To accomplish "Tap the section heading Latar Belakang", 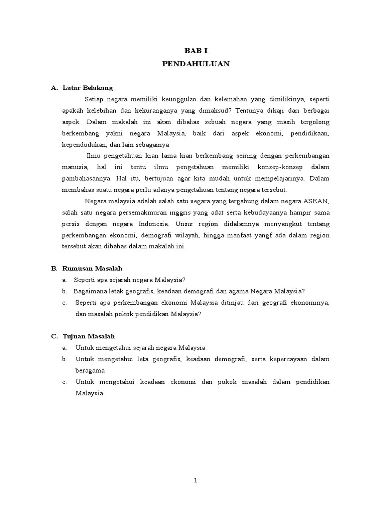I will [x=88, y=88].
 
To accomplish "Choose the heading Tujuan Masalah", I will [x=89, y=336].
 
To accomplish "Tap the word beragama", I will [x=90, y=371].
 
